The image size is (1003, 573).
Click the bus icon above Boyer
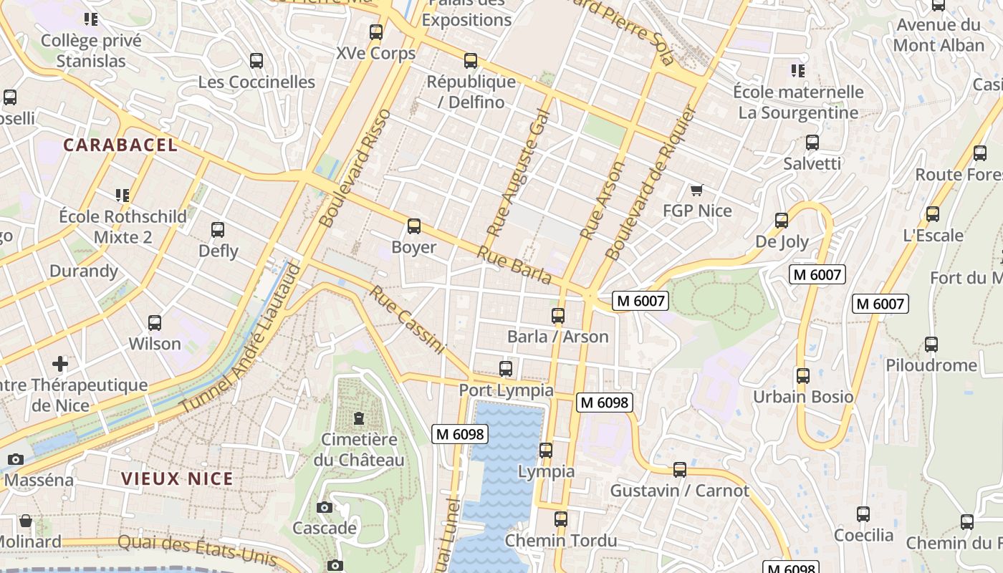[413, 226]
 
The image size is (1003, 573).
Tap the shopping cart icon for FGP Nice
[696, 190]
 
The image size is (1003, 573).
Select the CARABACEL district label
[120, 145]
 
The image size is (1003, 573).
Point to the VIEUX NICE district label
[177, 478]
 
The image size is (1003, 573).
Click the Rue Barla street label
[514, 265]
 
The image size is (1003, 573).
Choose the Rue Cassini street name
[408, 319]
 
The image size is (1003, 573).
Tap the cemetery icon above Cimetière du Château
[359, 418]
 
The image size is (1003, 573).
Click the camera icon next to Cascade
[324, 507]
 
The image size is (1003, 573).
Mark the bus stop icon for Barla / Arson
[558, 315]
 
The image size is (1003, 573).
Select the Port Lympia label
[506, 390]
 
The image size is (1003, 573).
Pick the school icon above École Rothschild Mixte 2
[123, 195]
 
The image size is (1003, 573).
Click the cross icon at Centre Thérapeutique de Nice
[60, 364]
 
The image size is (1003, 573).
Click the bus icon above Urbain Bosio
[802, 375]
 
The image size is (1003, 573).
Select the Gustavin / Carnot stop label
[679, 491]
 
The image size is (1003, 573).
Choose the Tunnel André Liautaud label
[240, 338]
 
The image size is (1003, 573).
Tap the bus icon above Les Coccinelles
[256, 61]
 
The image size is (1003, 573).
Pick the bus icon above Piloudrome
[931, 344]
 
